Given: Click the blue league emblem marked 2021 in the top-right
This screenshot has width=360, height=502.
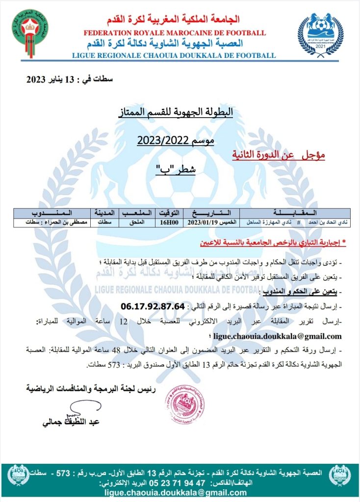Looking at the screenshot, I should click(x=321, y=34).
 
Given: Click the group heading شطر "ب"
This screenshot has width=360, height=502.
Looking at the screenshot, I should click(x=176, y=170).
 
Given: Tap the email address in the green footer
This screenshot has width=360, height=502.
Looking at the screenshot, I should click(x=179, y=493).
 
